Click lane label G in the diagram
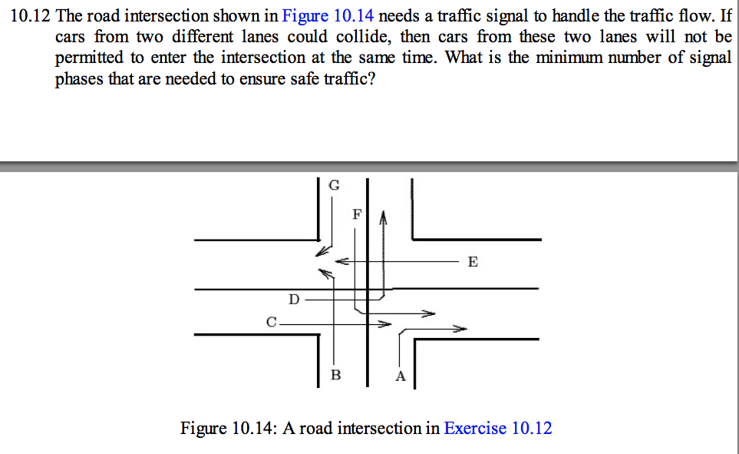pyautogui.click(x=334, y=185)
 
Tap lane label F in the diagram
pyautogui.click(x=358, y=215)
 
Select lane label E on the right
pyautogui.click(x=473, y=261)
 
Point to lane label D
pyautogui.click(x=294, y=299)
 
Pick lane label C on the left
pyautogui.click(x=272, y=322)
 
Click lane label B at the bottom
pyautogui.click(x=335, y=375)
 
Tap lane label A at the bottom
pyautogui.click(x=401, y=376)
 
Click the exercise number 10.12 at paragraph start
pyautogui.click(x=30, y=16)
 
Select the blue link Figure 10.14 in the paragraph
pyautogui.click(x=328, y=16)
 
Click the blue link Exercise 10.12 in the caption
pyautogui.click(x=498, y=428)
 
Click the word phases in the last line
pyautogui.click(x=79, y=79)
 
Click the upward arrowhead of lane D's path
pyautogui.click(x=383, y=217)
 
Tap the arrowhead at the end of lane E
pyautogui.click(x=341, y=261)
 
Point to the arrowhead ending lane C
pyautogui.click(x=384, y=324)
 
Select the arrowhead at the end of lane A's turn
pyautogui.click(x=460, y=329)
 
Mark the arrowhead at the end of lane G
pyautogui.click(x=322, y=251)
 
